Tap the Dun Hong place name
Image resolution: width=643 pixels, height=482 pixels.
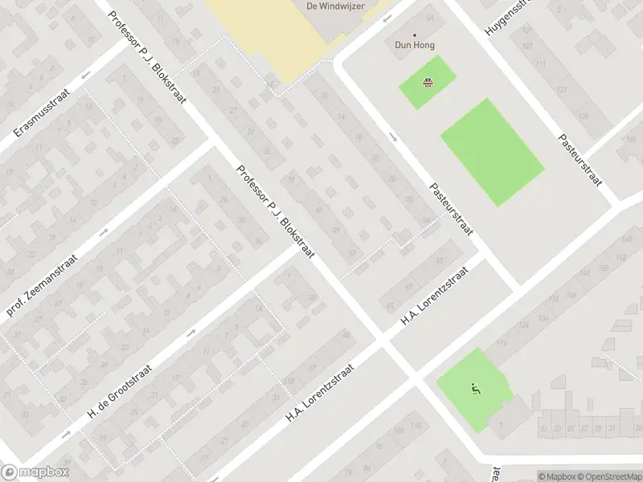(415, 46)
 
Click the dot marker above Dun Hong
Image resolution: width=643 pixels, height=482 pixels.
(415, 35)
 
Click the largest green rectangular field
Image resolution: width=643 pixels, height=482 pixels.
(492, 151)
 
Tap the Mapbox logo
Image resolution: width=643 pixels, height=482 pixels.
(35, 472)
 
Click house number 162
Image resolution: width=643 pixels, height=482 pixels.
(620, 257)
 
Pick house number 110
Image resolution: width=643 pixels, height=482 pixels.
(289, 382)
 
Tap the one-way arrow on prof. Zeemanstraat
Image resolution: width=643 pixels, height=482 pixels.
(103, 233)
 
